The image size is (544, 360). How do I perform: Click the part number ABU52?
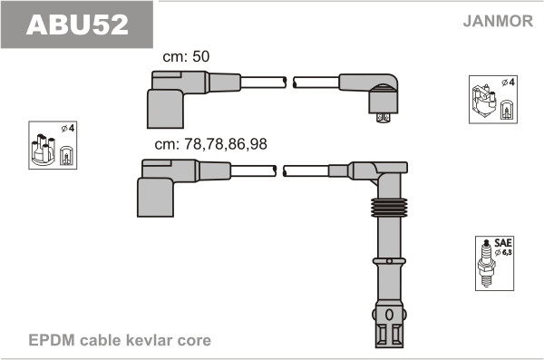[x=77, y=24]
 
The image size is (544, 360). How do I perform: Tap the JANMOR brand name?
[x=498, y=21]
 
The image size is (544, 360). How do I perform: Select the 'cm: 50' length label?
[x=186, y=56]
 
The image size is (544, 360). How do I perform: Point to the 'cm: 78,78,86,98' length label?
[x=211, y=144]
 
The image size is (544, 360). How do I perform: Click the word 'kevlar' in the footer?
[x=151, y=340]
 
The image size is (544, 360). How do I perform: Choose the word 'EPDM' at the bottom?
[x=52, y=340]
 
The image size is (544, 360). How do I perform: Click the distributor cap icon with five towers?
[x=44, y=150]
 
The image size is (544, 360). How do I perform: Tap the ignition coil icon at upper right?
[x=484, y=101]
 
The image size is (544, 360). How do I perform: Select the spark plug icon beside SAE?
[x=486, y=263]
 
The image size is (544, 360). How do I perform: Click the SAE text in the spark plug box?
[x=503, y=243]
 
